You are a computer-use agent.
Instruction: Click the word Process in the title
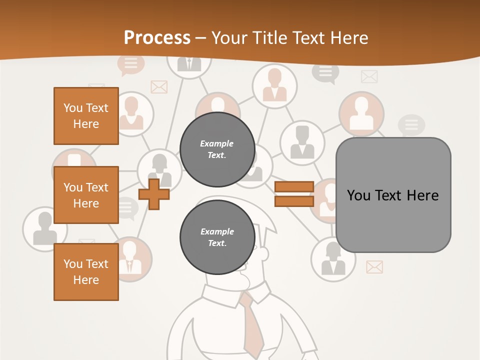coord(157,38)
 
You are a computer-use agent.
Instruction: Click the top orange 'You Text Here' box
coord(86,116)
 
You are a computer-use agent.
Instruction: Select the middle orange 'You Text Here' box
coord(86,195)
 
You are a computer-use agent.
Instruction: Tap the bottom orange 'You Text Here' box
coord(86,272)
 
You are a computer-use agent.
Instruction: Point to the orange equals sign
coord(294,194)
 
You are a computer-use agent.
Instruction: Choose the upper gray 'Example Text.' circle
coord(217,149)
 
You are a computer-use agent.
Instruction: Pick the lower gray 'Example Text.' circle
coord(217,237)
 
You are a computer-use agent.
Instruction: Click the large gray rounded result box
coord(393,195)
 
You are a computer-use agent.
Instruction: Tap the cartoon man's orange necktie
coord(252,325)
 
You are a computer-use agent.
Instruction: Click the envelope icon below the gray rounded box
coord(374,267)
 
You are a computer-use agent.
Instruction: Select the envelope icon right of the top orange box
coord(158,87)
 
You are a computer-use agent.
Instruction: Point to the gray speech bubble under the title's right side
coord(325,72)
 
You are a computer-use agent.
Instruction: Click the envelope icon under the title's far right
coord(369,76)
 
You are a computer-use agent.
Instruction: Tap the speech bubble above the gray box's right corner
coord(411,125)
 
